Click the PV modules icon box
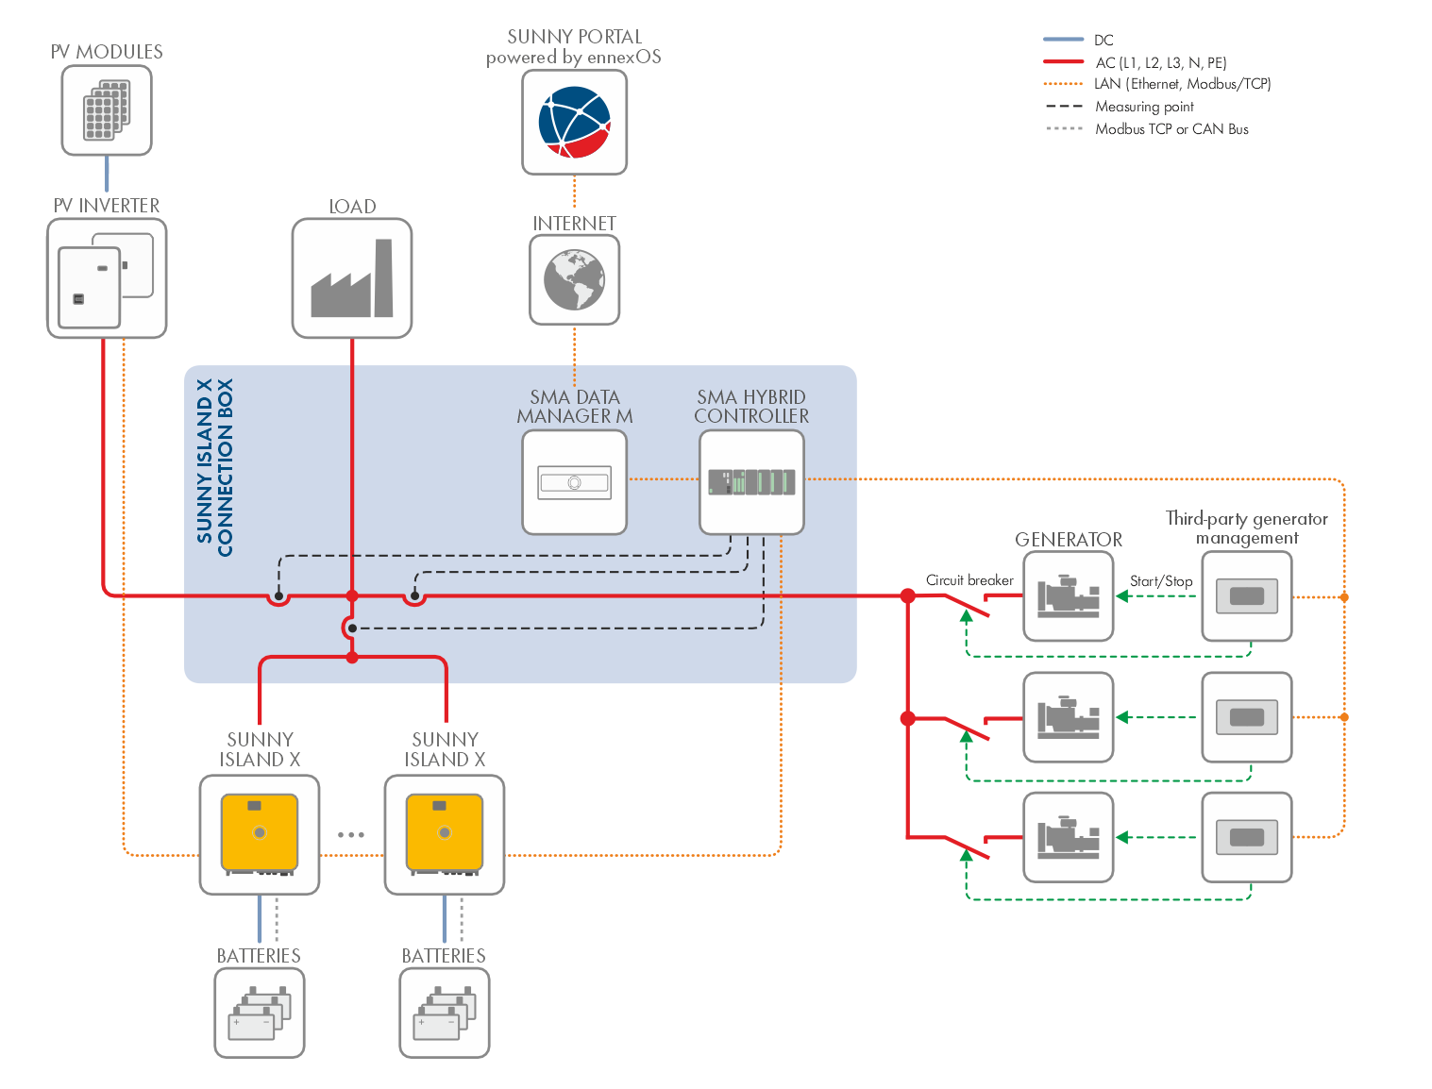(107, 110)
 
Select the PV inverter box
(107, 278)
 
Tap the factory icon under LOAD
(352, 278)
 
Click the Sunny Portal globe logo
(574, 122)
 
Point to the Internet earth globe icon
(574, 280)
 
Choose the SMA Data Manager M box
(574, 482)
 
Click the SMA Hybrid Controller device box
(751, 482)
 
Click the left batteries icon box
(260, 1013)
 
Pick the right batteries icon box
(445, 1013)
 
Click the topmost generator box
(1069, 596)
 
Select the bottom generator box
(1069, 837)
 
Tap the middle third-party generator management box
(1247, 717)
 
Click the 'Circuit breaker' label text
(969, 580)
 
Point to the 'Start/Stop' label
(1161, 581)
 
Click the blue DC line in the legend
(1063, 40)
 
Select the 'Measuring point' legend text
(1144, 107)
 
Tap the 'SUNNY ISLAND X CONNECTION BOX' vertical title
(215, 467)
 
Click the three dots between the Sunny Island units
(351, 835)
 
